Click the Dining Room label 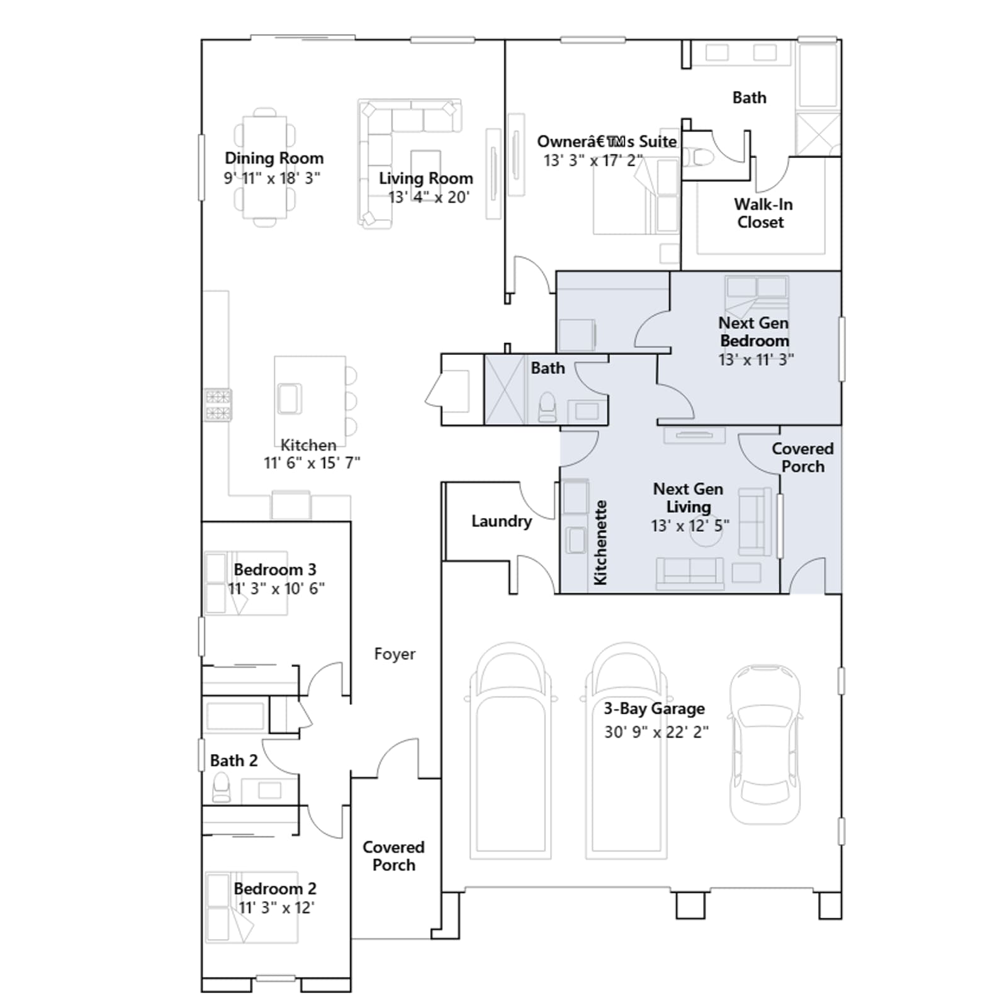274,158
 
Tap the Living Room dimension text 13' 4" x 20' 429,197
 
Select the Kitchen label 308,445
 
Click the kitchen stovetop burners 218,405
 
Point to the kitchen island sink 290,398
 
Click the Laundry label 502,522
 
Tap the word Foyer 395,654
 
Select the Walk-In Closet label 762,213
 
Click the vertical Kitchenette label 600,543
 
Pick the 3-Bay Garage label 654,709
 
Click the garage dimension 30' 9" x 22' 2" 656,732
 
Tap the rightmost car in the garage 765,745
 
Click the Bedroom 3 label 275,570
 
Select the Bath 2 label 233,760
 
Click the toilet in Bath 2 222,787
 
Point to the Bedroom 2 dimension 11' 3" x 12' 276,908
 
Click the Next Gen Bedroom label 754,332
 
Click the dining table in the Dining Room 265,167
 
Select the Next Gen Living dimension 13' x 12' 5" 690,526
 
